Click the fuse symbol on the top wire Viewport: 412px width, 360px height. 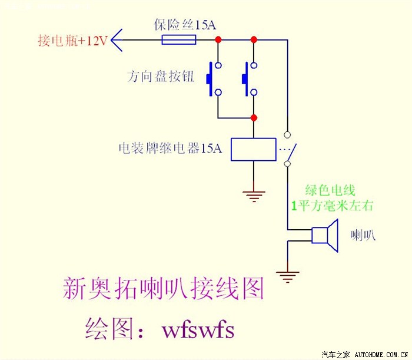coord(179,40)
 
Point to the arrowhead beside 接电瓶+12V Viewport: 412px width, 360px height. coord(117,40)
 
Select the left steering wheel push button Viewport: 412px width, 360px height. coord(214,78)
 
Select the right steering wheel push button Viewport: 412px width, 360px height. coord(250,78)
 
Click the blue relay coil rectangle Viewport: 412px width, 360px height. coord(253,150)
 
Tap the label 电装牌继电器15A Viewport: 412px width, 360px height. coord(170,148)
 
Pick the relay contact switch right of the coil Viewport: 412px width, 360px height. coord(289,147)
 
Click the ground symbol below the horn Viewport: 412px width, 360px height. coord(288,275)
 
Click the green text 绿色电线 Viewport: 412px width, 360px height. coord(330,190)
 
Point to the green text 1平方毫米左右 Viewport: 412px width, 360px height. coord(333,206)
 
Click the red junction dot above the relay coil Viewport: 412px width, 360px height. coord(254,118)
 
